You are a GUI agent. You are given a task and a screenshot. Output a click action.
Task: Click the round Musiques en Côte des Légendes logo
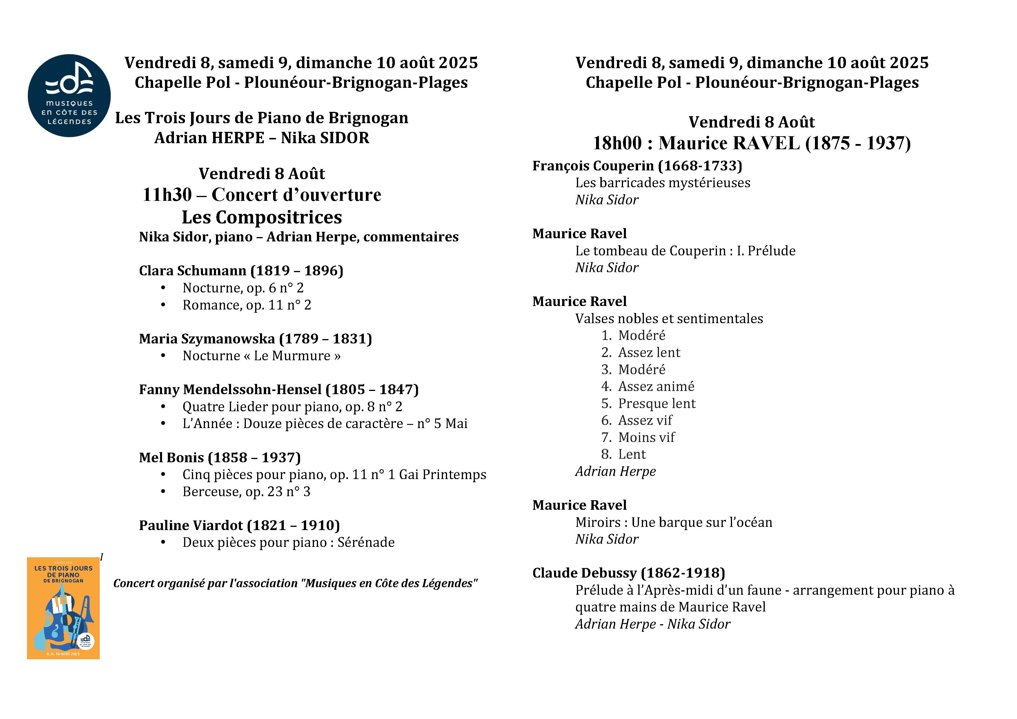point(69,96)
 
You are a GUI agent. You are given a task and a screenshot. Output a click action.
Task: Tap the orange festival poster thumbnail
point(63,608)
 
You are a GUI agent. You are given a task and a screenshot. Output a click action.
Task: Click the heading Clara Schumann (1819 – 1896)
point(241,270)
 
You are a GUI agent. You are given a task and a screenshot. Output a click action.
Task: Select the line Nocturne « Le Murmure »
point(261,356)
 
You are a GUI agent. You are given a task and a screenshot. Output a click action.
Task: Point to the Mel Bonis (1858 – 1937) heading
point(220,457)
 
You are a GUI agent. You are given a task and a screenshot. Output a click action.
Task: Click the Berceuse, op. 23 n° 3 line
point(246,492)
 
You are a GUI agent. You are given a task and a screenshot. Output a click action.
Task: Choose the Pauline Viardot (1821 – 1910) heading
point(239,525)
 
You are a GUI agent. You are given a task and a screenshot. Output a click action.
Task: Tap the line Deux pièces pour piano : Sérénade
point(288,542)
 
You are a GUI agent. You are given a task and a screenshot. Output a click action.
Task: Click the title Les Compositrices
point(262,217)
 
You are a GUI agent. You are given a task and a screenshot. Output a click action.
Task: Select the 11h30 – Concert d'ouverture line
point(262,195)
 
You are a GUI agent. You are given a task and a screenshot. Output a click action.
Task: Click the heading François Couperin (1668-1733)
point(637,165)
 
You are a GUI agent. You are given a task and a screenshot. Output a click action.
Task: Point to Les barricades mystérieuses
point(663,183)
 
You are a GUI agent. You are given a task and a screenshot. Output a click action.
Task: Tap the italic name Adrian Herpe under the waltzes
point(615,472)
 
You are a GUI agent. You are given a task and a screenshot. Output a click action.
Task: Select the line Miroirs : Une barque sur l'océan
point(673,523)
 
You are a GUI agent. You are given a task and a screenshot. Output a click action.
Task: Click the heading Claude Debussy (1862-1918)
point(629,573)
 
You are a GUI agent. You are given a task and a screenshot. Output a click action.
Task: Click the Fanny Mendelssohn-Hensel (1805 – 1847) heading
point(279,389)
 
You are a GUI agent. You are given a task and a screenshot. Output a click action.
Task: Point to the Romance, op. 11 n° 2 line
point(247,305)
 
